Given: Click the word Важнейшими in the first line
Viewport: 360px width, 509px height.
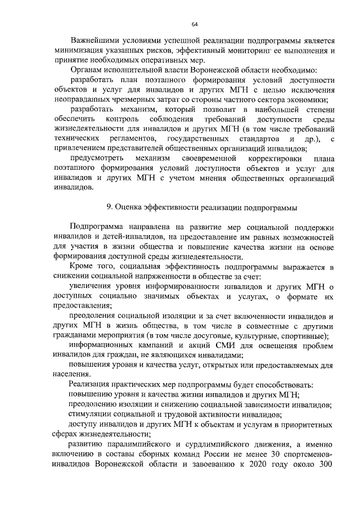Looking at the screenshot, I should pyautogui.click(x=96, y=40).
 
